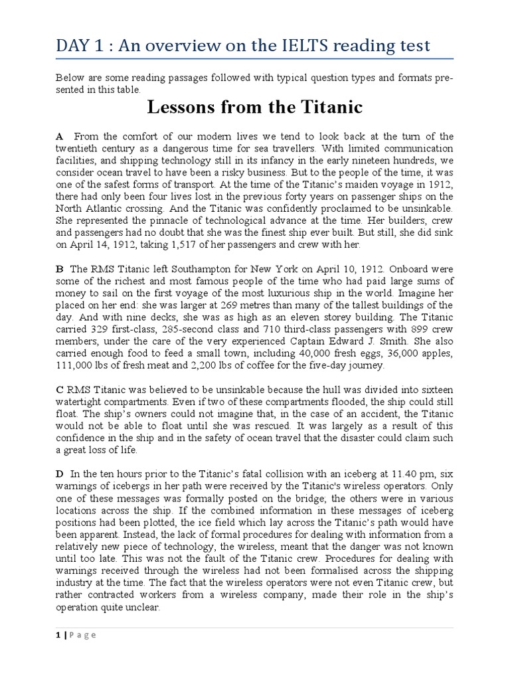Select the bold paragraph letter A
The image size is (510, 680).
(x=59, y=135)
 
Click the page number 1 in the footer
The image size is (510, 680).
(x=58, y=635)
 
